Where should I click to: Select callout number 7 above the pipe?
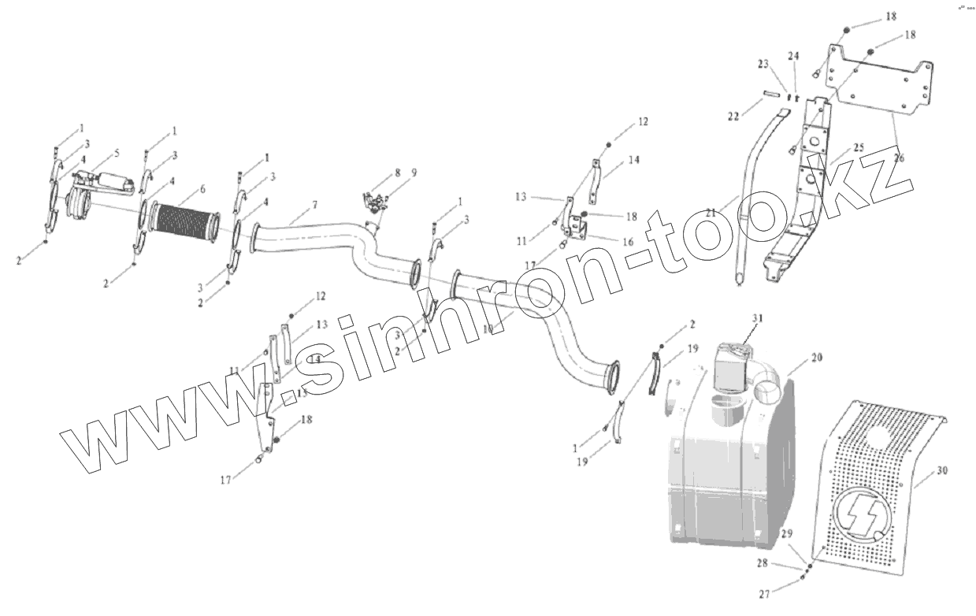tap(314, 205)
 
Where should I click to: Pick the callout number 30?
tap(942, 471)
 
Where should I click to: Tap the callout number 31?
tap(758, 317)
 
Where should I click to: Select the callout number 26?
tap(900, 158)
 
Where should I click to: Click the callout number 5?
tap(117, 152)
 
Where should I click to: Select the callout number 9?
tap(414, 172)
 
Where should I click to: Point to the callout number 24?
tap(793, 56)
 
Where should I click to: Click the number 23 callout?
tap(763, 63)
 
